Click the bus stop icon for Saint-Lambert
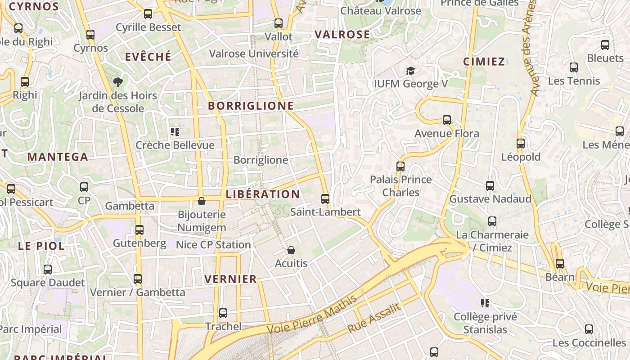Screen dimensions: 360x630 [325, 198]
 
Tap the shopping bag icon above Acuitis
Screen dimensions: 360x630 [291, 250]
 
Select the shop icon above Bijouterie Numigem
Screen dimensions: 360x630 [202, 201]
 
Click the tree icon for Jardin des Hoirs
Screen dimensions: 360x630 [118, 82]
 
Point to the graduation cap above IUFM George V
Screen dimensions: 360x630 [410, 71]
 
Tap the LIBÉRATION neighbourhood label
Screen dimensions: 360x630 [263, 194]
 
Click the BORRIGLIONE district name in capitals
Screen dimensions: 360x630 [251, 106]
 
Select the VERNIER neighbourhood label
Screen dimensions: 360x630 [230, 279]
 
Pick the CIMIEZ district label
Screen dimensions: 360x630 [484, 62]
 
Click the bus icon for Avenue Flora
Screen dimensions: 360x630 [446, 120]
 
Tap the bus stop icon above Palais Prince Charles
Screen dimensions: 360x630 [400, 166]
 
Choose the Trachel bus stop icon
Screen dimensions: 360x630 [223, 313]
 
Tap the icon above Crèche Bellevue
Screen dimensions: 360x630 [175, 132]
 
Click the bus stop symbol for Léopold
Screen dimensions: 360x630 [521, 144]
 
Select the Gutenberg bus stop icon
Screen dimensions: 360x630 [139, 230]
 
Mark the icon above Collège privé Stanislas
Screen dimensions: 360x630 [485, 303]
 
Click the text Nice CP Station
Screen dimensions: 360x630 [213, 245]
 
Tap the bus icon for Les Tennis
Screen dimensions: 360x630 [574, 67]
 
